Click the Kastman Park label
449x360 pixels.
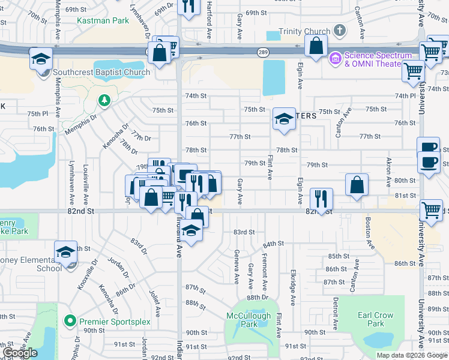(103, 20)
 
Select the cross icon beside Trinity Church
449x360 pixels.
(339, 30)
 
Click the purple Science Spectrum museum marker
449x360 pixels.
(335, 59)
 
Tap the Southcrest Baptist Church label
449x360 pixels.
(101, 73)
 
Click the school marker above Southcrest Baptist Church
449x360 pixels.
(41, 59)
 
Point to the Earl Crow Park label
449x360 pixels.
(375, 319)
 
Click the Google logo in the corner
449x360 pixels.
(20, 353)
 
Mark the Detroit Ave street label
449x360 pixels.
(336, 310)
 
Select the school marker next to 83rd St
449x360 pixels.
(191, 231)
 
